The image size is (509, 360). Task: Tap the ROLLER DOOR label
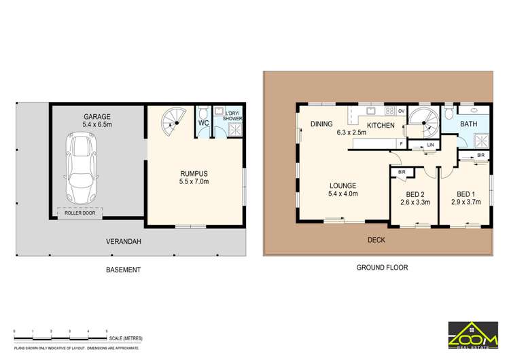click(80, 213)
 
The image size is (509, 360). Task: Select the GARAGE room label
click(97, 117)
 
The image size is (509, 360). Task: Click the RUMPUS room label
click(194, 173)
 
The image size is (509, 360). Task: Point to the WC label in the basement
click(204, 123)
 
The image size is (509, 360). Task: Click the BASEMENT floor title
click(123, 270)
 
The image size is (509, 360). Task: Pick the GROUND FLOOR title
click(382, 268)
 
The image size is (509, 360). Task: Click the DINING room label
click(321, 124)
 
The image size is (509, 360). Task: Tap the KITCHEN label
click(381, 125)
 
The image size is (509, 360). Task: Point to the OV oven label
click(401, 111)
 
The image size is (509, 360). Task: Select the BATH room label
click(468, 124)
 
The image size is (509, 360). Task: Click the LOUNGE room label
click(343, 185)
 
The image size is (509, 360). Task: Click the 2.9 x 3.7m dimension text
click(465, 202)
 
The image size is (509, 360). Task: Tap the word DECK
click(376, 240)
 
